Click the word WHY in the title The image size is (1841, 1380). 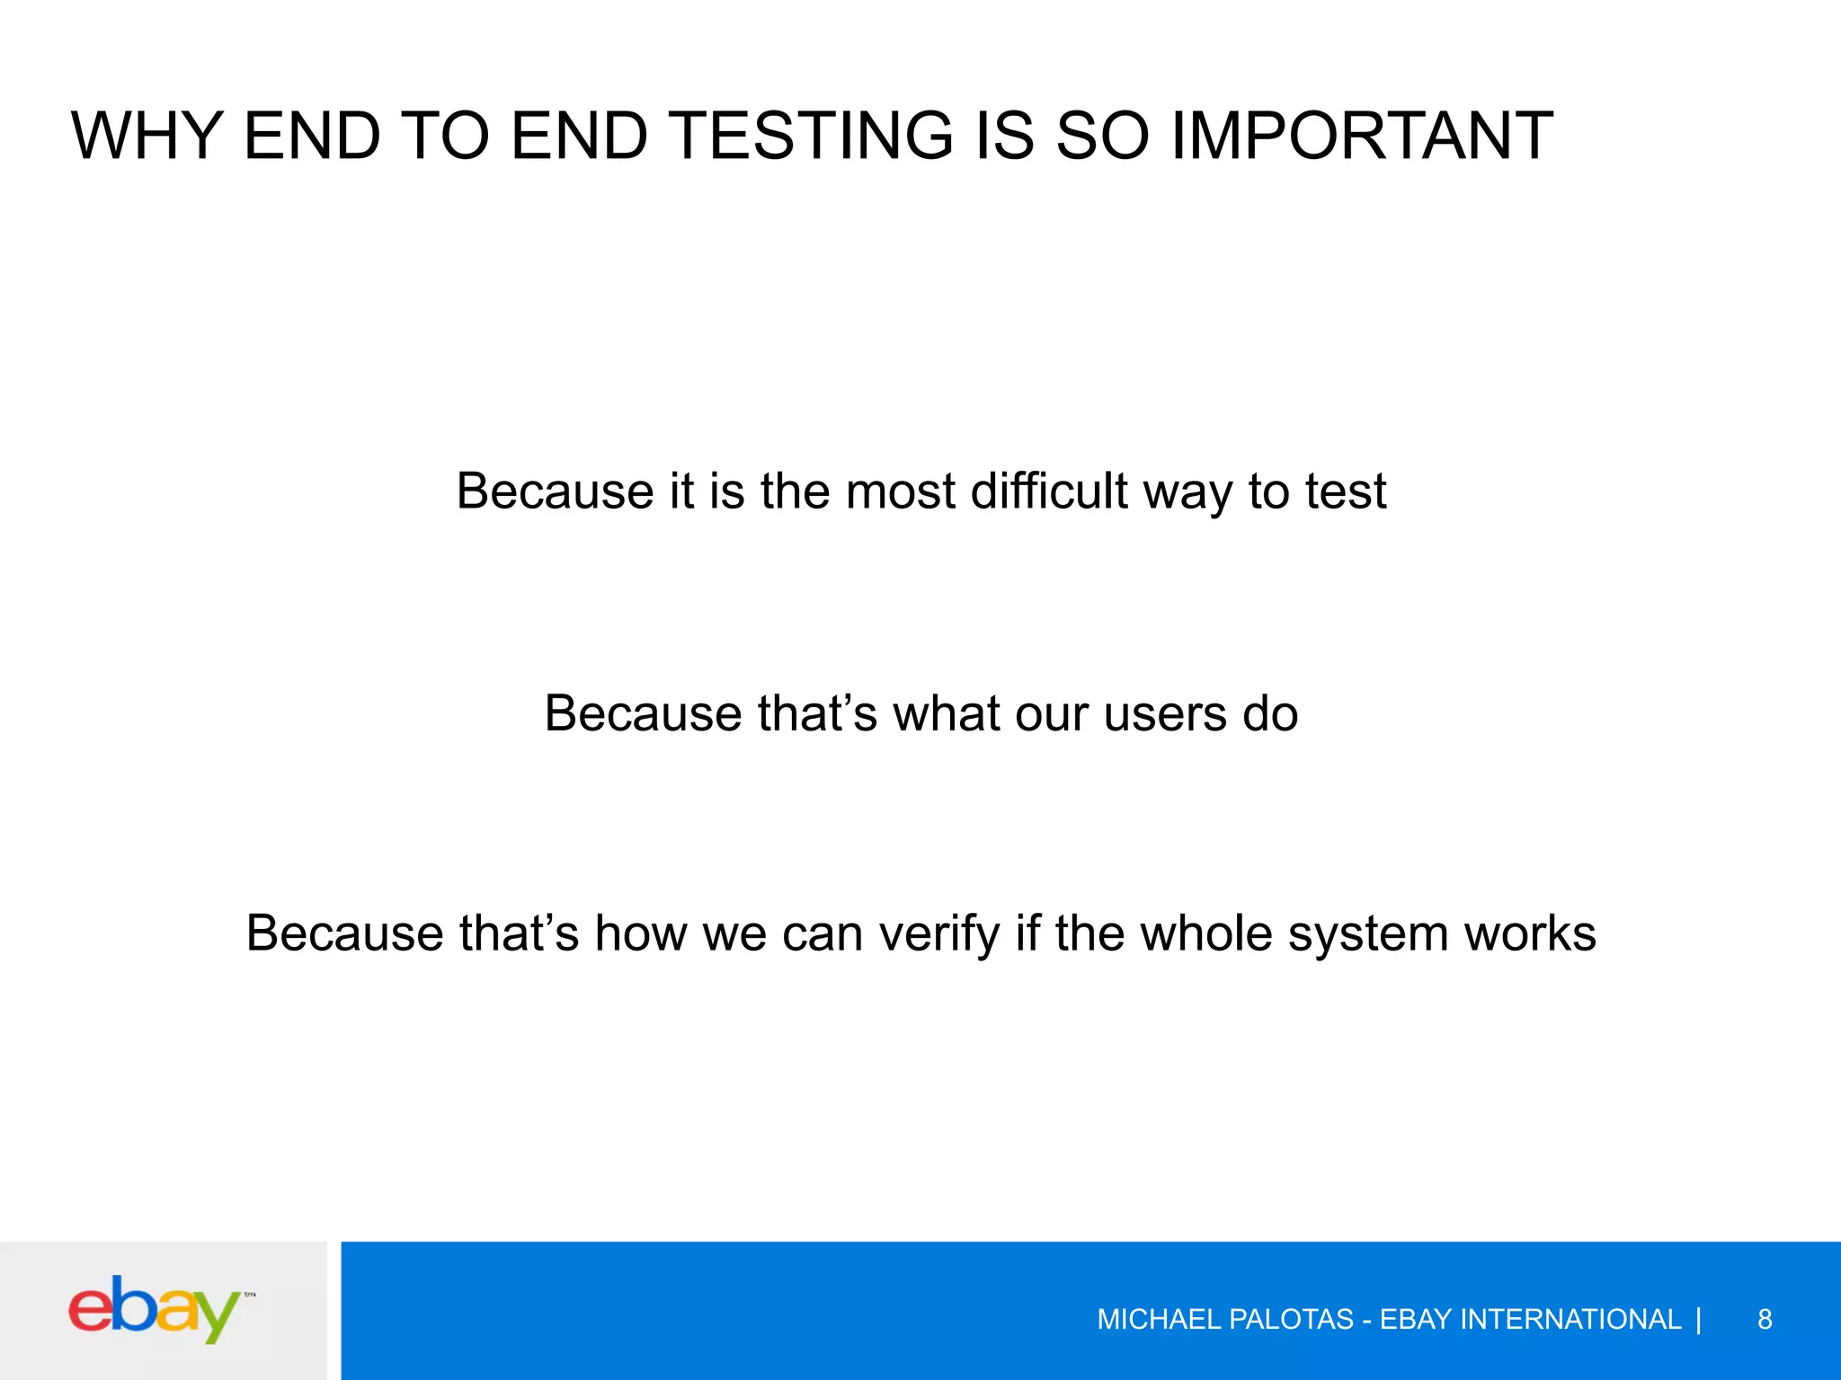[x=147, y=136]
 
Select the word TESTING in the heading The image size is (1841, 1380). [x=812, y=136]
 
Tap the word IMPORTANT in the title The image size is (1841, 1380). [x=1362, y=136]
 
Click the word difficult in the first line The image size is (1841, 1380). [x=1048, y=491]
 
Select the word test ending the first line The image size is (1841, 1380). [x=1345, y=491]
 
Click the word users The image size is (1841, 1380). [x=1164, y=714]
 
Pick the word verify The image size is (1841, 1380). [x=939, y=933]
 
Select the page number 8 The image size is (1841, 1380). [x=1764, y=1319]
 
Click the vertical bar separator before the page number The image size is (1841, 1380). [x=1698, y=1319]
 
